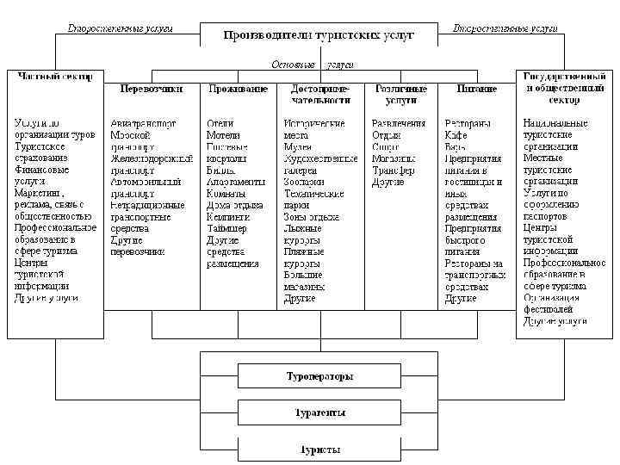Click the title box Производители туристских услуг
coord(319,35)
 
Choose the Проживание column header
coord(237,89)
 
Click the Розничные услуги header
coord(399,94)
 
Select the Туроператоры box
coord(319,376)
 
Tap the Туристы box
coord(319,449)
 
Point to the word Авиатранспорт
coord(143,123)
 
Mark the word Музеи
coord(297,147)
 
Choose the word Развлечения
coord(399,123)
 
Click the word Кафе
coord(456,135)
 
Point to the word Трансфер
coord(394,170)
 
